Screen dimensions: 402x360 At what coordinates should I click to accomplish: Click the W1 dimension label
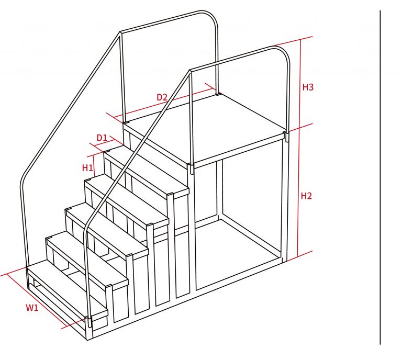pyautogui.click(x=32, y=308)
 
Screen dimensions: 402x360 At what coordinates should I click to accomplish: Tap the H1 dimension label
pyautogui.click(x=87, y=168)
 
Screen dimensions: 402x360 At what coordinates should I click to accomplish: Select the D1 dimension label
pyautogui.click(x=102, y=138)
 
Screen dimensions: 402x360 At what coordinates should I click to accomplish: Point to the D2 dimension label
pyautogui.click(x=162, y=97)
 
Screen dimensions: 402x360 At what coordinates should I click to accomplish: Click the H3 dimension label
pyautogui.click(x=308, y=87)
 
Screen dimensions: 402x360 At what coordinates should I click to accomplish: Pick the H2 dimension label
pyautogui.click(x=306, y=196)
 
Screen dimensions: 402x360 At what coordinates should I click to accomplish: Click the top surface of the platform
pyautogui.click(x=205, y=128)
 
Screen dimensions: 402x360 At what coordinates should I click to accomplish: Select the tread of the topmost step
pyautogui.click(x=146, y=171)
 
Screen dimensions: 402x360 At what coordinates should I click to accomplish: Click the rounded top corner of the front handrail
pyautogui.click(x=284, y=52)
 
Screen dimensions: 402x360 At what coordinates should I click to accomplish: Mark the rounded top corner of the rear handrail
pyautogui.click(x=213, y=17)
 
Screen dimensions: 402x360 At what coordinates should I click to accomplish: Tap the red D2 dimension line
pyautogui.click(x=164, y=103)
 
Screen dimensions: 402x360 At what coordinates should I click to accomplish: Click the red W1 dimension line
pyautogui.click(x=36, y=300)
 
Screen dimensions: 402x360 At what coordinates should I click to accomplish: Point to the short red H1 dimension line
pyautogui.click(x=94, y=165)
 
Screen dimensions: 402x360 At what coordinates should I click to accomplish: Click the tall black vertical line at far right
pyautogui.click(x=380, y=177)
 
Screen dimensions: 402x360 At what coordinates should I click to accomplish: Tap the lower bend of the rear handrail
pyautogui.click(x=23, y=179)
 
